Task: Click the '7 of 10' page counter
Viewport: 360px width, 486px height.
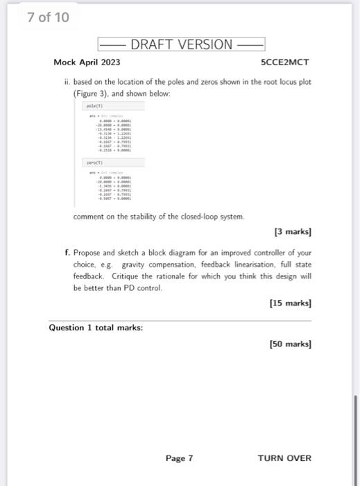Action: pos(48,17)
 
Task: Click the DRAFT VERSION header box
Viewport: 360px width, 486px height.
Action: pos(182,44)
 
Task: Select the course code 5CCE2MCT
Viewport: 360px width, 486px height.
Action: pos(284,62)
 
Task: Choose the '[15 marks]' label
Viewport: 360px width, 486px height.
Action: pos(291,303)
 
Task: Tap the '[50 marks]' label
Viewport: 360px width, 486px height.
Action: pos(291,344)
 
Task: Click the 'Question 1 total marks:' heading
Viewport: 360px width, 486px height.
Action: pos(96,327)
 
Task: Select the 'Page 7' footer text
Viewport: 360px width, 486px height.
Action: pos(179,458)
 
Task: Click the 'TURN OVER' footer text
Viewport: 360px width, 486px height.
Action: pos(284,458)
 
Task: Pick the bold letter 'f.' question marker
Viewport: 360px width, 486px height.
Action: pos(66,253)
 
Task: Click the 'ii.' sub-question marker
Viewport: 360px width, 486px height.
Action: pos(67,81)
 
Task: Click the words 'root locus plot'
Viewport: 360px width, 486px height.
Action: pos(286,81)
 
